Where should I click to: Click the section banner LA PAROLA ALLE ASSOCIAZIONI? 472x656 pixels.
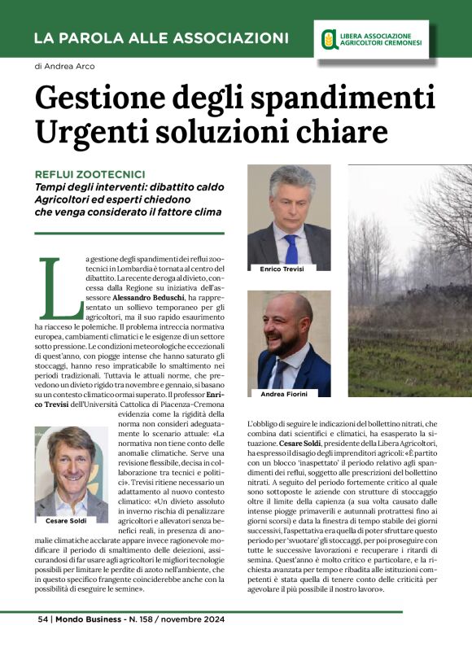pyautogui.click(x=161, y=38)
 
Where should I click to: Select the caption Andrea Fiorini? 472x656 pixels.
pyautogui.click(x=285, y=394)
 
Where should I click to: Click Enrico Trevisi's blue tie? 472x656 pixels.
pyautogui.click(x=291, y=243)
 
